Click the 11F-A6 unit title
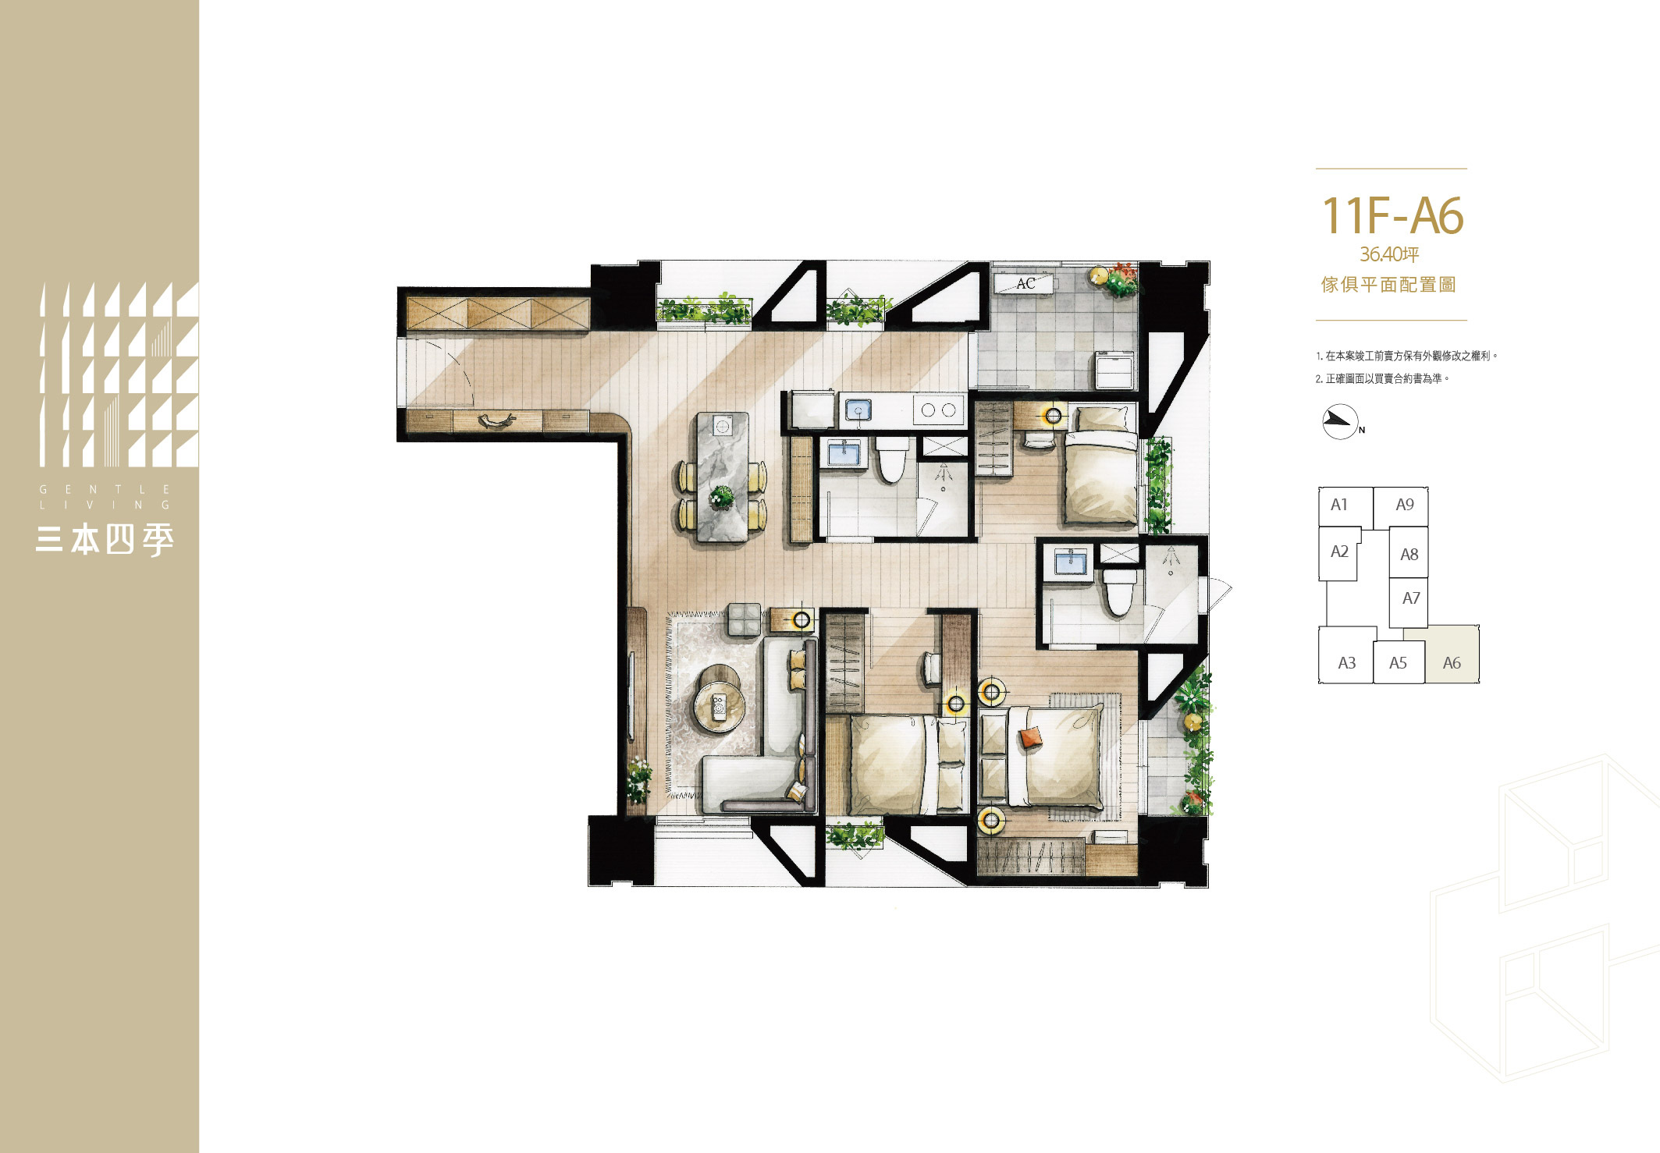point(1392,215)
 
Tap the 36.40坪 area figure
point(1389,254)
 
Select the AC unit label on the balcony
point(1026,283)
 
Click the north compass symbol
point(1341,422)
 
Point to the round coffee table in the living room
point(719,707)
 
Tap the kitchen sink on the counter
point(858,410)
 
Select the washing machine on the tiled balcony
point(1114,369)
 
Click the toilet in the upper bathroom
point(891,459)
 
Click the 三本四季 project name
point(105,539)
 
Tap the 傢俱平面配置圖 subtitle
point(1389,285)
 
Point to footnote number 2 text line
point(1382,378)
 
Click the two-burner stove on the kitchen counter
point(938,410)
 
